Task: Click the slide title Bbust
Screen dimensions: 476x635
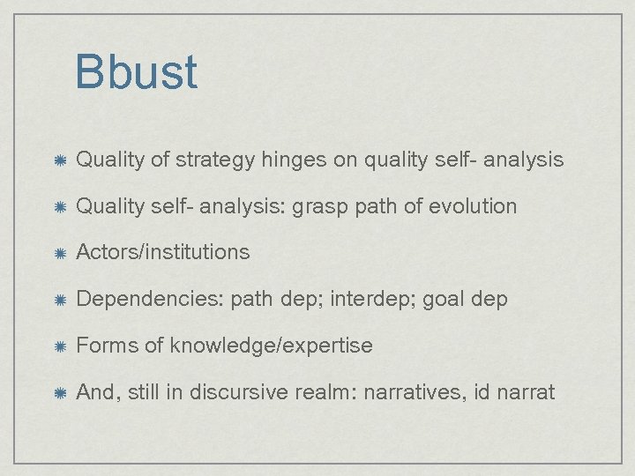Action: pyautogui.click(x=136, y=72)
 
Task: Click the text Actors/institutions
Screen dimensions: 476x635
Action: pyautogui.click(x=163, y=252)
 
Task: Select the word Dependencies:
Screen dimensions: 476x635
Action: pyautogui.click(x=150, y=299)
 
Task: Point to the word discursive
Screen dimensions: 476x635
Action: pyautogui.click(x=233, y=392)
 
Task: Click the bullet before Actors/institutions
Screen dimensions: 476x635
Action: pyautogui.click(x=57, y=253)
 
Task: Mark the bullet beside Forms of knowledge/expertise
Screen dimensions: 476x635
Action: pyautogui.click(x=57, y=346)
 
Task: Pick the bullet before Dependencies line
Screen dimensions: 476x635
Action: pyautogui.click(x=57, y=300)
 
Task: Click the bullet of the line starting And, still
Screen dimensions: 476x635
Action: pyautogui.click(x=57, y=393)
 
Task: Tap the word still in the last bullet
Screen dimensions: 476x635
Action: pyautogui.click(x=145, y=392)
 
